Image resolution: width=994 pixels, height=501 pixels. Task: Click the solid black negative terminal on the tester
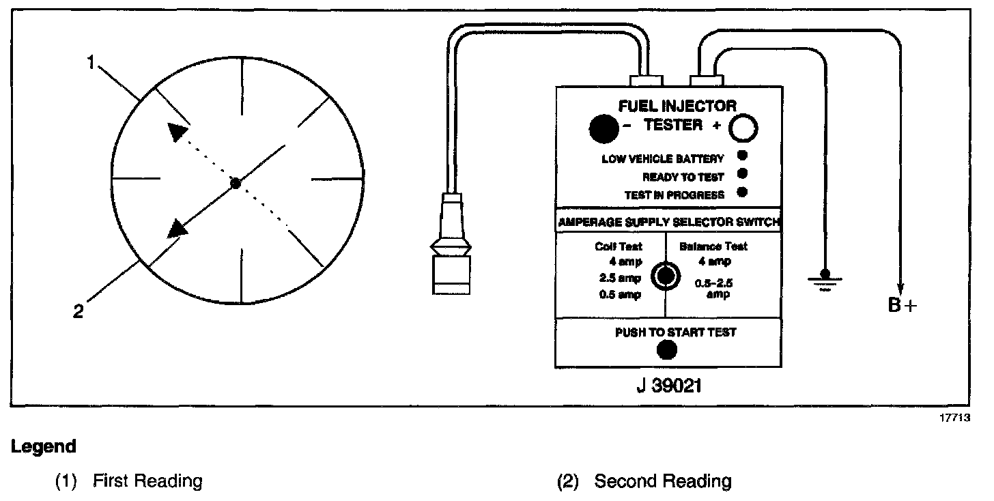pyautogui.click(x=604, y=128)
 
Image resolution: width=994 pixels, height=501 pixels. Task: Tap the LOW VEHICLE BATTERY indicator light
pyautogui.click(x=743, y=156)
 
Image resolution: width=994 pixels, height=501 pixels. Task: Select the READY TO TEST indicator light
pyautogui.click(x=743, y=174)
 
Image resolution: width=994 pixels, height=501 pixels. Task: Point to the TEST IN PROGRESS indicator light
pyautogui.click(x=743, y=192)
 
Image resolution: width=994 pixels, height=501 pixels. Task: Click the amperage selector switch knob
pyautogui.click(x=666, y=275)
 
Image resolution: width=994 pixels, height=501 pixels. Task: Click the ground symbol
pyautogui.click(x=825, y=280)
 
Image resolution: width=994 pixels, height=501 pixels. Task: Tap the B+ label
pyautogui.click(x=903, y=304)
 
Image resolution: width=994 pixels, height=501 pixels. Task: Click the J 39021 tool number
pyautogui.click(x=666, y=386)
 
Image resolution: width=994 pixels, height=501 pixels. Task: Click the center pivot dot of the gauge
pyautogui.click(x=236, y=183)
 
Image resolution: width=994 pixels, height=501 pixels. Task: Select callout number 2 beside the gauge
pyautogui.click(x=79, y=312)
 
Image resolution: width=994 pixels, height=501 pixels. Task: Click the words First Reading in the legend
pyautogui.click(x=147, y=481)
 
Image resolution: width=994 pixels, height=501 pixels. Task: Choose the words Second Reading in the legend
pyautogui.click(x=662, y=481)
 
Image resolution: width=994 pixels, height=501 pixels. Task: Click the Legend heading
pyautogui.click(x=43, y=447)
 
